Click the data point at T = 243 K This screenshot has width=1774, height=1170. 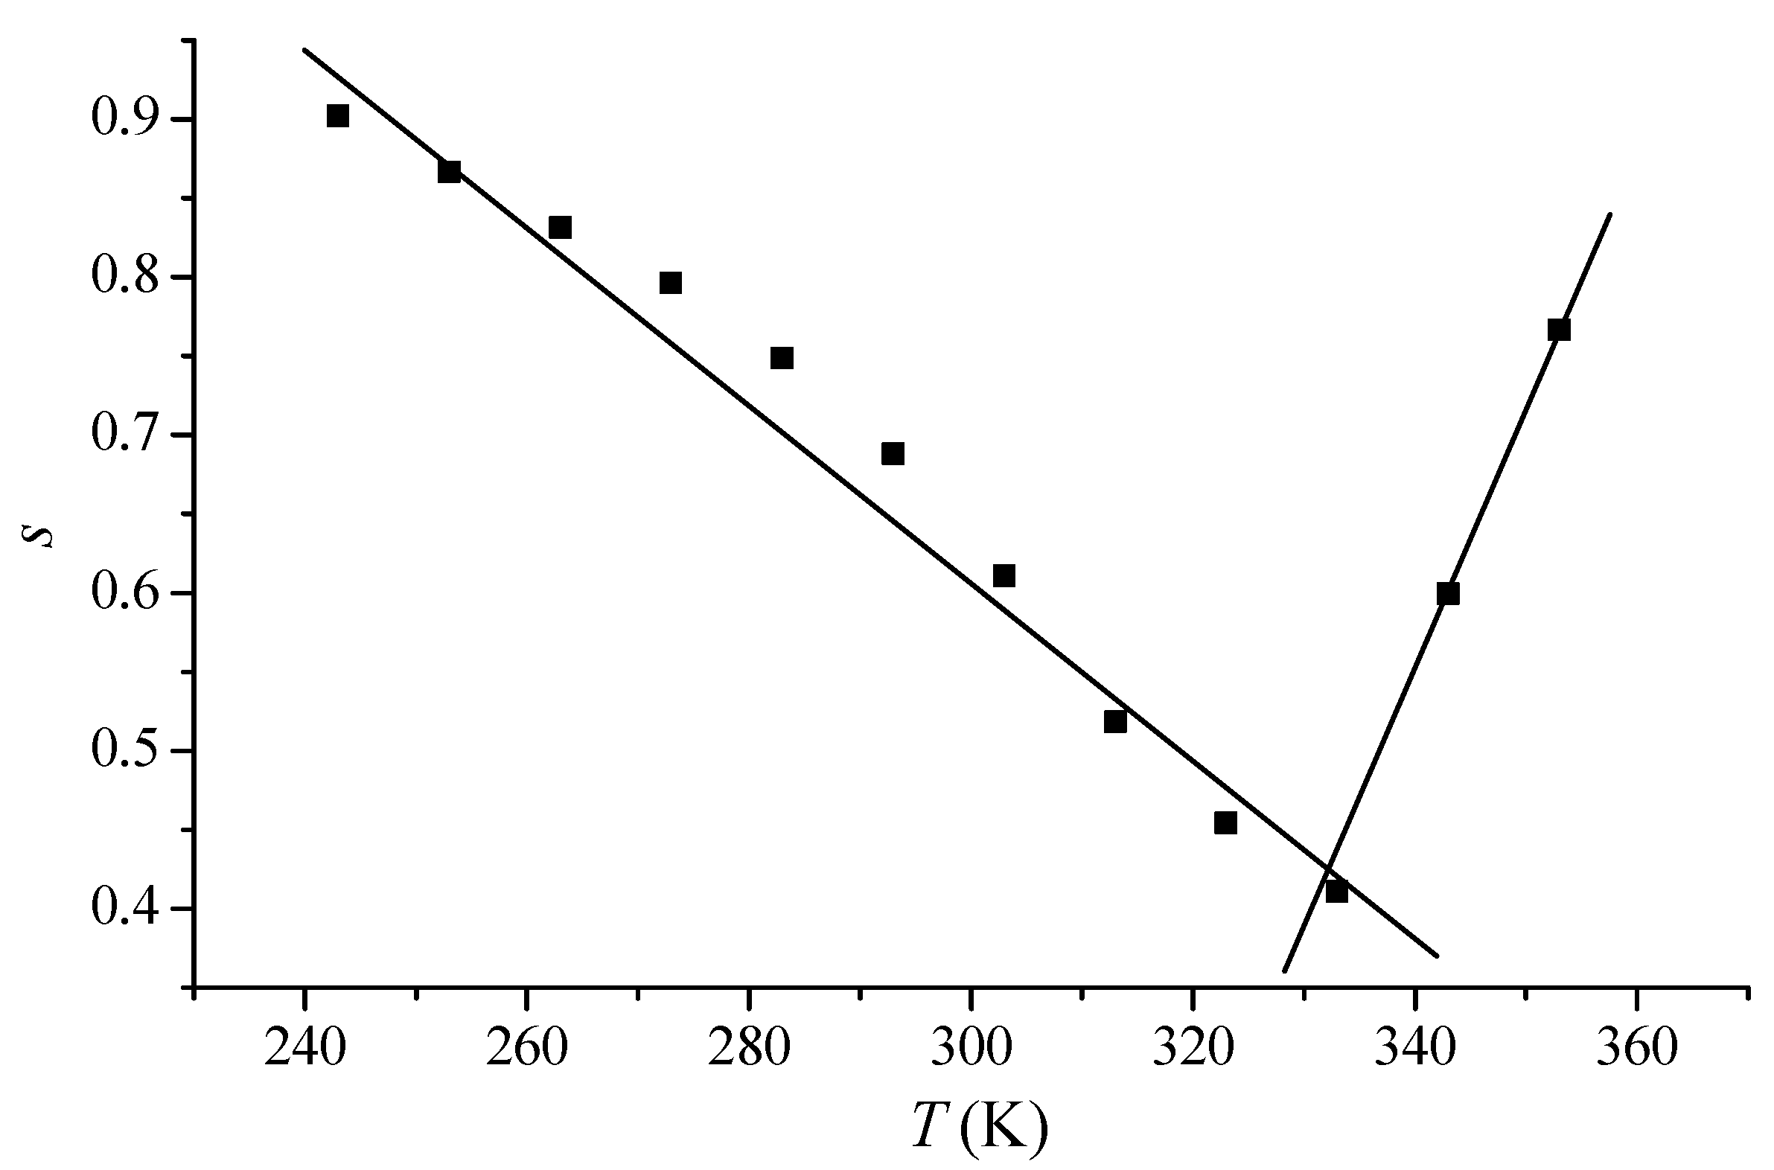[x=337, y=116]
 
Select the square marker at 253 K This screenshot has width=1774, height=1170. [x=449, y=172]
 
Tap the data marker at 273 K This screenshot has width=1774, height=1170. [x=670, y=283]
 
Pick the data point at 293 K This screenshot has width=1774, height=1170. [x=893, y=454]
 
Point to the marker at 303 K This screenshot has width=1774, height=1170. [x=1004, y=576]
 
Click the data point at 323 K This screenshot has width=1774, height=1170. [x=1225, y=823]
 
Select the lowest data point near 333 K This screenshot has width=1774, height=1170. [x=1337, y=892]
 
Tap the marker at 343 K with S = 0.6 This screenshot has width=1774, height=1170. [x=1448, y=594]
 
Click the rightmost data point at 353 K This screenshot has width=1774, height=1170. [x=1559, y=330]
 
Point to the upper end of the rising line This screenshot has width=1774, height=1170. [x=1610, y=215]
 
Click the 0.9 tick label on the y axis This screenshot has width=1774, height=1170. [x=125, y=119]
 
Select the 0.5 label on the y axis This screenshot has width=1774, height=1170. [x=125, y=751]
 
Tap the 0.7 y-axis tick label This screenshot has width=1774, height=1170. [x=125, y=435]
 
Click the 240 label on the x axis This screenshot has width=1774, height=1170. [x=304, y=1048]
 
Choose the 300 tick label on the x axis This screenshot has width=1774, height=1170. [x=971, y=1048]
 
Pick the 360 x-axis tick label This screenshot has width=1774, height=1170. [x=1637, y=1048]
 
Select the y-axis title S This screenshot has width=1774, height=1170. [x=45, y=535]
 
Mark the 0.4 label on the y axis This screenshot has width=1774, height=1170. [x=125, y=909]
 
